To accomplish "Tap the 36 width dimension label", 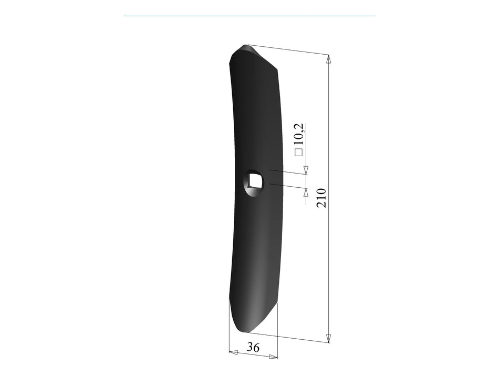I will point(254,348).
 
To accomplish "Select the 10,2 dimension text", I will point(299,134).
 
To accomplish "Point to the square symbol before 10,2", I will point(299,153).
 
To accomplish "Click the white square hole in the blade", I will point(255,180).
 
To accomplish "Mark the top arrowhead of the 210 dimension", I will point(329,58).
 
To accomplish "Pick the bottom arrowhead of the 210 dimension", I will point(329,338).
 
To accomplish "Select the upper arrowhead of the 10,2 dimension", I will point(306,169).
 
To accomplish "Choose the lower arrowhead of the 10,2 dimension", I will point(306,191).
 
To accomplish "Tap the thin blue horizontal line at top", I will point(249,16).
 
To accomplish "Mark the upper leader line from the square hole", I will point(286,172).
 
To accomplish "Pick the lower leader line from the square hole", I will point(286,186).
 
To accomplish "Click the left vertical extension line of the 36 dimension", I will point(230,326).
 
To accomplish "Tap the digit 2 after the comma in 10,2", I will point(299,126).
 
